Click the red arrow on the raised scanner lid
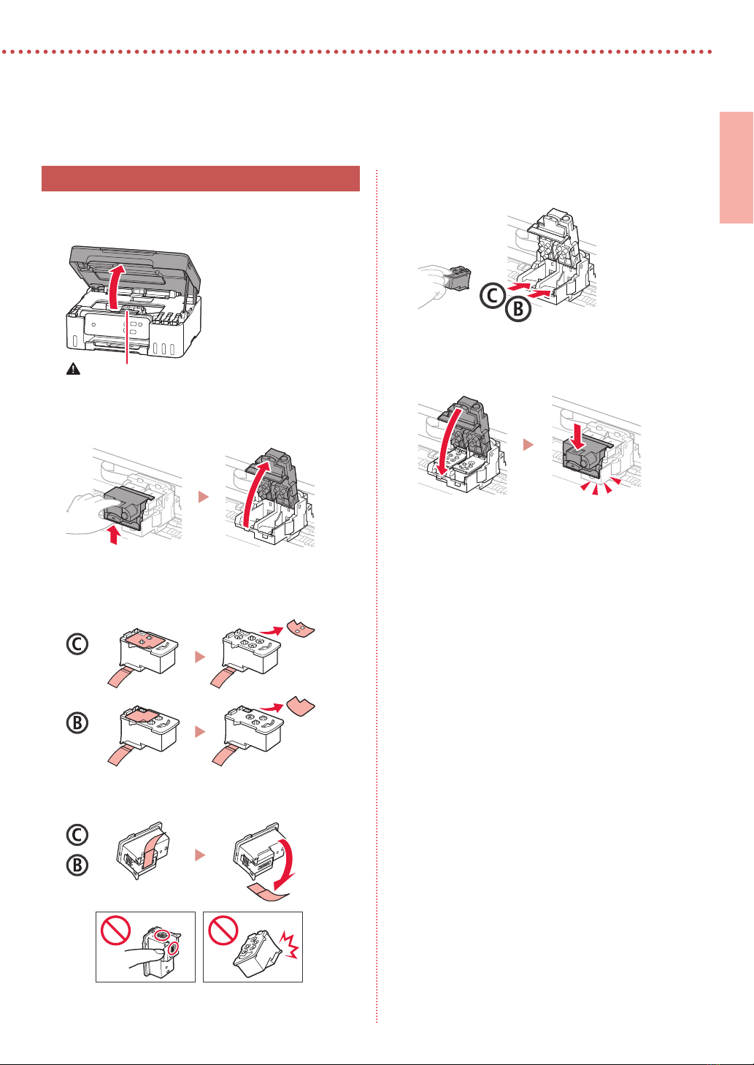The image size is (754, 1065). pos(114,286)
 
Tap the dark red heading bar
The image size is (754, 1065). pos(201,178)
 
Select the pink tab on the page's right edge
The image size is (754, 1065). pos(736,167)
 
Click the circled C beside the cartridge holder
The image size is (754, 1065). pos(492,295)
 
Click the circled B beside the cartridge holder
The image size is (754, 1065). pos(518,309)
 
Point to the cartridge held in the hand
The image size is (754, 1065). pos(457,278)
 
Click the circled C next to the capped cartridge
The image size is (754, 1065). pos(77,644)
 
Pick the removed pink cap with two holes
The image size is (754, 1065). pos(300,628)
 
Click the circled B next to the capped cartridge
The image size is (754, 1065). pos(77,723)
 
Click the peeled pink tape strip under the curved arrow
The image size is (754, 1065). pos(268,893)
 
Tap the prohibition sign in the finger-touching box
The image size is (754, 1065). pos(115,931)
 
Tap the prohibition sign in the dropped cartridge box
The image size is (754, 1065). pos(223,931)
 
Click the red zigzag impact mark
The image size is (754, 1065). pos(290,944)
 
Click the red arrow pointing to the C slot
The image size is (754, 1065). pos(518,286)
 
